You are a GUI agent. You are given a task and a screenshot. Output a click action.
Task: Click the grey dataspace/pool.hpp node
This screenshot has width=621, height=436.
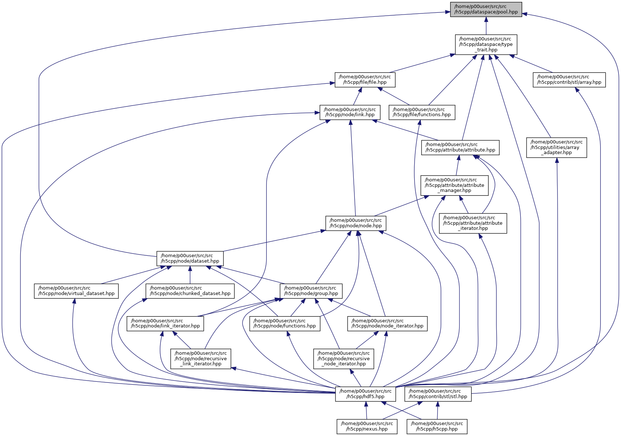click(486, 9)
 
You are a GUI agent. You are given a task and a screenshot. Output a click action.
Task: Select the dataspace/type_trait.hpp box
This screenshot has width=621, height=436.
click(486, 44)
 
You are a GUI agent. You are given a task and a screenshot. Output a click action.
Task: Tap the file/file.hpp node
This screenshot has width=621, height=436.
click(365, 80)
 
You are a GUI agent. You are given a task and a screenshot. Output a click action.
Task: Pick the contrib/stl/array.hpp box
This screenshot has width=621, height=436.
click(569, 80)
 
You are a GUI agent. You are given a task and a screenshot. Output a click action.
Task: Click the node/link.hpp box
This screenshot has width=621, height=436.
click(350, 112)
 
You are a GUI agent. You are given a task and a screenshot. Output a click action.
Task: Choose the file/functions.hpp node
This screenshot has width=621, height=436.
click(422, 112)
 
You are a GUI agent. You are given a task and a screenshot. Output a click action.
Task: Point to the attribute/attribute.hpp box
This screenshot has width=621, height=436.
click(460, 148)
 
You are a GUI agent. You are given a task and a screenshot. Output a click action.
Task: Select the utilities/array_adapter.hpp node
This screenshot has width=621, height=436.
click(556, 148)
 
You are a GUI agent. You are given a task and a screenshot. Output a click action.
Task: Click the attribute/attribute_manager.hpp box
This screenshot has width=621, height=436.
click(454, 185)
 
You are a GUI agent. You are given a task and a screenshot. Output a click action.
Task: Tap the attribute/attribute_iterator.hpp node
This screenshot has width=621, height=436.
click(473, 223)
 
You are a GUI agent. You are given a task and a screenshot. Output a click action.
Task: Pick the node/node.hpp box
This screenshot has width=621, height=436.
click(356, 223)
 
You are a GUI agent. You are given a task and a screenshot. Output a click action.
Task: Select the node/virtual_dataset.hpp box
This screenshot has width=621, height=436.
click(76, 291)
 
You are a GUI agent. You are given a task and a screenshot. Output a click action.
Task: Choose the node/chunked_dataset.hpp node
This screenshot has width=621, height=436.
click(190, 291)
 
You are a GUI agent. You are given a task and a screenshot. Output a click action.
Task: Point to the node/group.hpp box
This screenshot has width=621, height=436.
click(311, 291)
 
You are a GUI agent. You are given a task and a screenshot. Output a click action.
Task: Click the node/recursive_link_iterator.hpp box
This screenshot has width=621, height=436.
click(201, 359)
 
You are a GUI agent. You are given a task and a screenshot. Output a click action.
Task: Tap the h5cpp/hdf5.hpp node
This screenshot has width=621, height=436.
click(365, 394)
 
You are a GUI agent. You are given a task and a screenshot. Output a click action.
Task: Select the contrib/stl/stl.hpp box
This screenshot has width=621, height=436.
click(438, 394)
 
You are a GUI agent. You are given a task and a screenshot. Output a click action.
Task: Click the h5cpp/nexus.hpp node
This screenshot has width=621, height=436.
click(367, 427)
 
